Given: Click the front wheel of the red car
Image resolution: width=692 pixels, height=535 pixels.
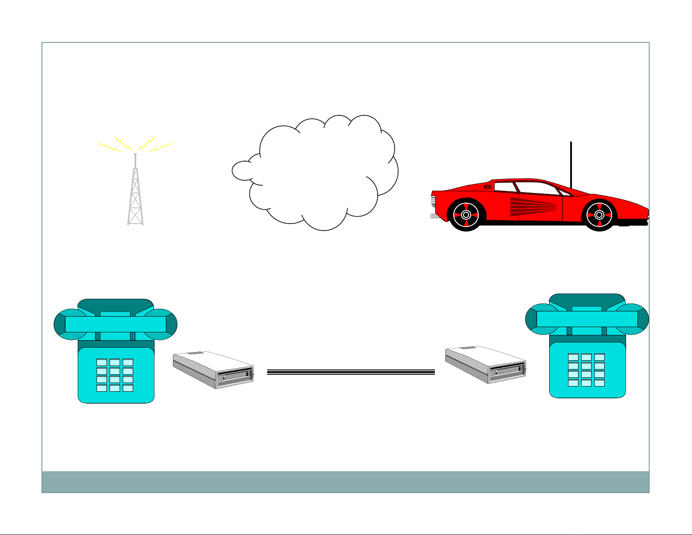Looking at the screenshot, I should tap(599, 214).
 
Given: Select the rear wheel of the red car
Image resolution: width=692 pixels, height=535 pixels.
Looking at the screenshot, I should tap(466, 214).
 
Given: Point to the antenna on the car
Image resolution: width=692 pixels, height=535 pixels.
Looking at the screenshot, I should tap(571, 164).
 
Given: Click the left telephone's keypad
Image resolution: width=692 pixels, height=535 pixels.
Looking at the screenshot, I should tap(115, 375).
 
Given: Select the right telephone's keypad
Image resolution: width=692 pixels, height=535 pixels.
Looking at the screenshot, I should tap(586, 369).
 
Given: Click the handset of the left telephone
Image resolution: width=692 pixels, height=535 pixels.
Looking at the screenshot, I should tap(115, 324).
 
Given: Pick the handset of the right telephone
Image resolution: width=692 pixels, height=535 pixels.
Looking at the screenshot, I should tap(587, 319).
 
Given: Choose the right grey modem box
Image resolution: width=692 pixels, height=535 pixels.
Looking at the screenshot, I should tap(485, 365).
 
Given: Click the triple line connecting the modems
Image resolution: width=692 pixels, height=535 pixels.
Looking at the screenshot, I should tap(351, 372).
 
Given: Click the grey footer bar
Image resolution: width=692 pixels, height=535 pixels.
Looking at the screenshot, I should tap(345, 482).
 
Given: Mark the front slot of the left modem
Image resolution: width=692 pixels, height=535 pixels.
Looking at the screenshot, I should tap(236, 376).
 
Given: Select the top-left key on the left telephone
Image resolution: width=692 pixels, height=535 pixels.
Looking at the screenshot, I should tap(102, 362).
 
